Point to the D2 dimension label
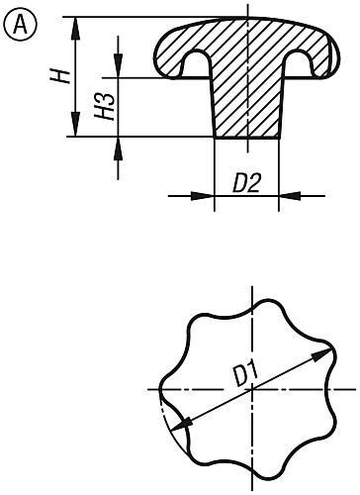(x=247, y=183)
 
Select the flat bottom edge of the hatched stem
(x=246, y=139)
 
